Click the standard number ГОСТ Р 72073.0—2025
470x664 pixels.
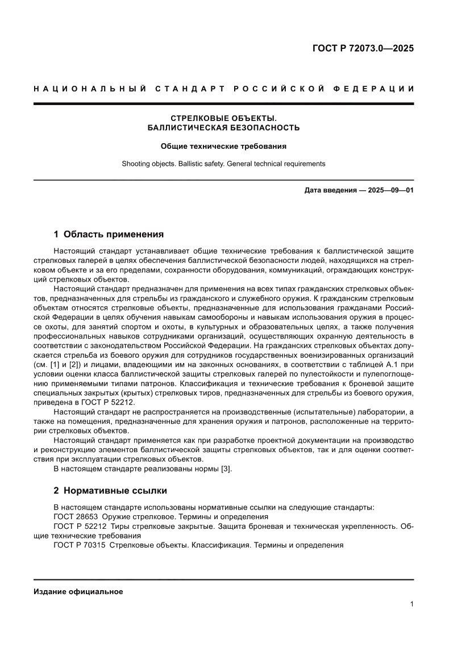tap(363, 48)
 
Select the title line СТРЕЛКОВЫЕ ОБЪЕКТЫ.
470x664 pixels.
tap(223, 118)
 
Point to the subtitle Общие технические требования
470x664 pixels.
tap(223, 146)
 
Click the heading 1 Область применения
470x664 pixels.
tap(109, 233)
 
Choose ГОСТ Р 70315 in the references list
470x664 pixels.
tap(79, 545)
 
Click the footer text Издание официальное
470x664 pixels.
tap(78, 591)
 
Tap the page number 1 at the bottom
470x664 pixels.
tap(411, 604)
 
